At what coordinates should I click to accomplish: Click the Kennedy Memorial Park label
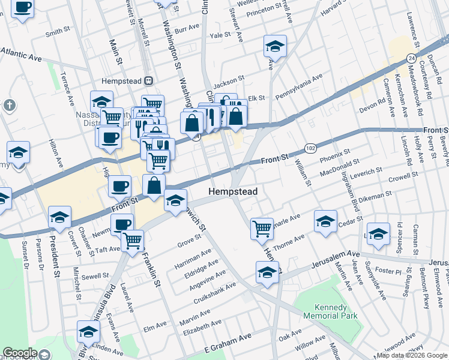pos(330,311)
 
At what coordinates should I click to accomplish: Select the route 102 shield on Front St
pos(310,148)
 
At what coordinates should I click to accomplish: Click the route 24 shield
pos(411,58)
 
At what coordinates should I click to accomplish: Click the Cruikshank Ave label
pos(221,293)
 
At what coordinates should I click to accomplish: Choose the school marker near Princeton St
pos(275,46)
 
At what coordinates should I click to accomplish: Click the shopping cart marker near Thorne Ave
pos(262,228)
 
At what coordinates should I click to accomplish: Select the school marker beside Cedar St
pos(325,221)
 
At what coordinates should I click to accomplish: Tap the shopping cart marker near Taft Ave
pos(133,241)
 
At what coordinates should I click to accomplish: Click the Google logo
pos(19,353)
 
